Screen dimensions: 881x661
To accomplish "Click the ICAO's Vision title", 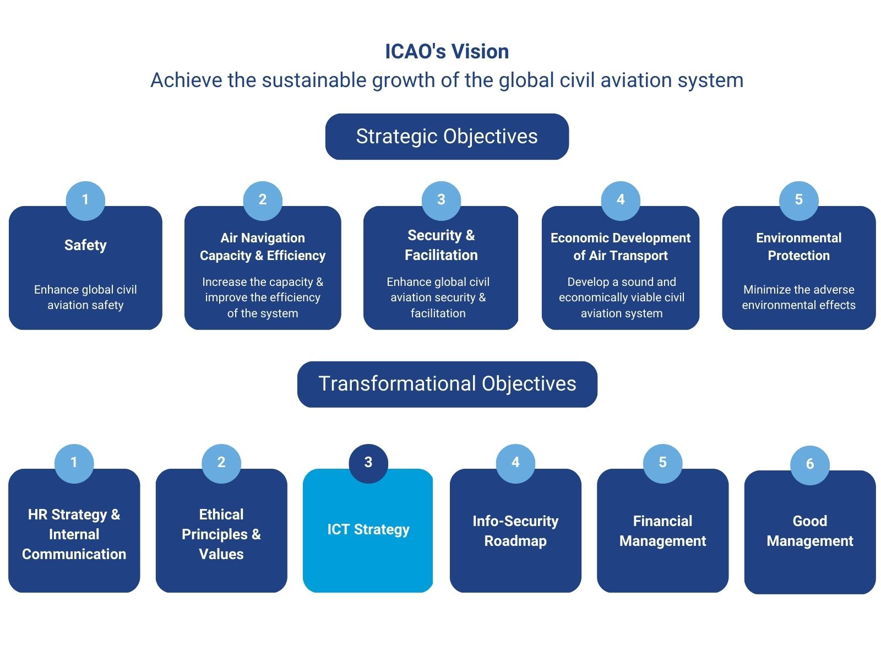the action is (x=447, y=51).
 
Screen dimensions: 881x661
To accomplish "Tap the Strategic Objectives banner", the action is (x=447, y=137).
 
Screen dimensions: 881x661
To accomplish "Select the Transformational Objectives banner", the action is (x=447, y=384).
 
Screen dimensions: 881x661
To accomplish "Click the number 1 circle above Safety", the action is (x=85, y=201).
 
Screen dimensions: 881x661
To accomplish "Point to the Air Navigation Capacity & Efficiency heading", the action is (x=263, y=246).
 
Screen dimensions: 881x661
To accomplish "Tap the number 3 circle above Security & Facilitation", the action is (x=441, y=201).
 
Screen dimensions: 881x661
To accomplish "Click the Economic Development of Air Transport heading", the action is (x=621, y=246).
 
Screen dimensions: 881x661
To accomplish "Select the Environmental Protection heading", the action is (x=799, y=246).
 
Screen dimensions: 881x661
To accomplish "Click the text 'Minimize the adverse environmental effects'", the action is (x=799, y=297).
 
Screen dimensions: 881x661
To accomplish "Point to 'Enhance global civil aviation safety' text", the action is (x=85, y=297).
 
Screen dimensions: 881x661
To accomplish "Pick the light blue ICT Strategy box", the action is (x=368, y=530).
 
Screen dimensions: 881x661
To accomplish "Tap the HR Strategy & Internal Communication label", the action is (x=74, y=534).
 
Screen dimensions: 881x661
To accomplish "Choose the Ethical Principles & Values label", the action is (x=221, y=534).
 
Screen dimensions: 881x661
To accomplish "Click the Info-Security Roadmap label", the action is (x=515, y=531).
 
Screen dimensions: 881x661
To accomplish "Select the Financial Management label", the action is (x=662, y=531).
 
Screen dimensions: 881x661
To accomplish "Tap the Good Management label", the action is (x=810, y=531).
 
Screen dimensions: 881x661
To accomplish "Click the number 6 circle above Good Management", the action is (x=810, y=465).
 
